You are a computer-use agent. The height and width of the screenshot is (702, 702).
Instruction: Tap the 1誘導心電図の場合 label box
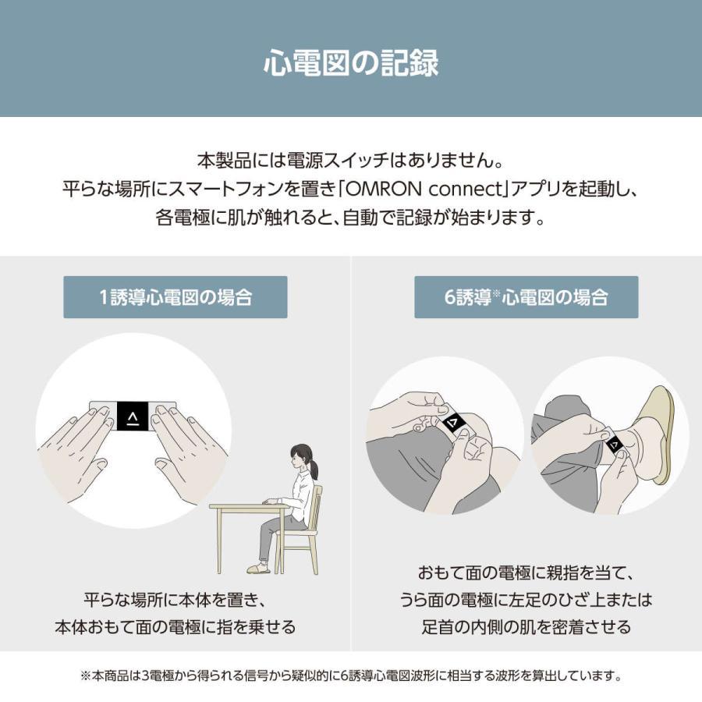[x=175, y=297]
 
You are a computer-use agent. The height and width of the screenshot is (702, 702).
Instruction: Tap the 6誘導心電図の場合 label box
[x=526, y=297]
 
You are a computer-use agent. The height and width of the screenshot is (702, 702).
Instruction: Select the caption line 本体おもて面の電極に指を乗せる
[x=175, y=627]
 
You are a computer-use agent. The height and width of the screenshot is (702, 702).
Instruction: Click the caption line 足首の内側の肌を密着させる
[x=526, y=627]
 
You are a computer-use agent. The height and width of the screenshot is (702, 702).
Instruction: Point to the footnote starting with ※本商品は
[x=350, y=676]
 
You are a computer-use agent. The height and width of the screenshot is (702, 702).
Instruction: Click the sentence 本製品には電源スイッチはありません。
[x=350, y=162]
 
